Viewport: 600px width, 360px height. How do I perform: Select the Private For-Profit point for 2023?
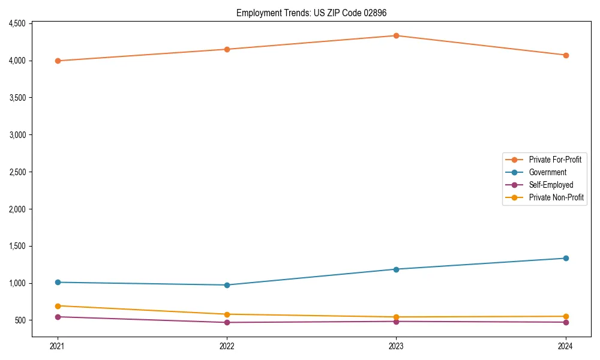tap(397, 35)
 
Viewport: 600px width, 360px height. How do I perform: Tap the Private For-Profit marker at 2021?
tap(58, 61)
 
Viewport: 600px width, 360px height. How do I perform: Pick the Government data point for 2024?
tap(566, 258)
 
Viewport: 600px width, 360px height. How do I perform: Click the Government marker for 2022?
tap(227, 285)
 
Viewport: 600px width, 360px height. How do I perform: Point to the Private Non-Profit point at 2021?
tap(58, 306)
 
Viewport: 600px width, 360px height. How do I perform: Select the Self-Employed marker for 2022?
tap(227, 322)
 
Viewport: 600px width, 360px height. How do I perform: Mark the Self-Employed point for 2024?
tap(566, 322)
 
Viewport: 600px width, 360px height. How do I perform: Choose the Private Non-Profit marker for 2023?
tap(397, 317)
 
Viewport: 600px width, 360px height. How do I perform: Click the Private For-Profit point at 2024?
tap(566, 55)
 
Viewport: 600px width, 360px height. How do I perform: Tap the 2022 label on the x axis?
tap(227, 346)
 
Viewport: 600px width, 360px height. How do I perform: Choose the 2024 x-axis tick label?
tap(566, 346)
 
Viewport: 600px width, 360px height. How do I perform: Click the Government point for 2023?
tap(397, 269)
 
